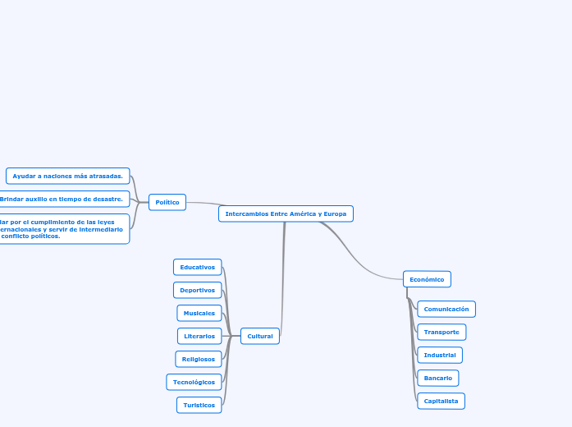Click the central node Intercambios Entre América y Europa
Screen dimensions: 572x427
pyautogui.click(x=286, y=213)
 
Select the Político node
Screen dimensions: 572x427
pyautogui.click(x=167, y=202)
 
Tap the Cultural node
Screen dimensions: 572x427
pyautogui.click(x=260, y=336)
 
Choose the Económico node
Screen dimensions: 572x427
pyautogui.click(x=427, y=279)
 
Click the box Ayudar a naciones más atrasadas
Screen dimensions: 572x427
pyautogui.click(x=67, y=176)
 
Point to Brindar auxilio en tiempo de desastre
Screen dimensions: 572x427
pyautogui.click(x=62, y=199)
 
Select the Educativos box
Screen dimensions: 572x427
pyautogui.click(x=197, y=267)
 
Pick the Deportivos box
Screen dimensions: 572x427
pyautogui.click(x=197, y=290)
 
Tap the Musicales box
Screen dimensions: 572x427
pyautogui.click(x=199, y=313)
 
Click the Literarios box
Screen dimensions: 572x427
pyautogui.click(x=199, y=336)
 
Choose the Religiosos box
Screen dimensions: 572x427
pyautogui.click(x=198, y=359)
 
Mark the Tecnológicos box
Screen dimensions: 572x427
pyautogui.click(x=194, y=382)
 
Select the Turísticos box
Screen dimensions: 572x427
pyautogui.click(x=199, y=405)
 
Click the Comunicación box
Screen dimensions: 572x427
pyautogui.click(x=446, y=309)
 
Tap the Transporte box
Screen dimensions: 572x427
pyautogui.click(x=442, y=332)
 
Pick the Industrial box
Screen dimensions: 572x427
pyautogui.click(x=440, y=355)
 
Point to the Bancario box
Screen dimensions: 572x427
pyautogui.click(x=437, y=378)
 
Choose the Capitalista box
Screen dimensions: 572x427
pyautogui.click(x=441, y=401)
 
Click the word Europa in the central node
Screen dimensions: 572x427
pyautogui.click(x=335, y=213)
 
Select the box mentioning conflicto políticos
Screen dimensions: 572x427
pyautogui.click(x=62, y=229)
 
